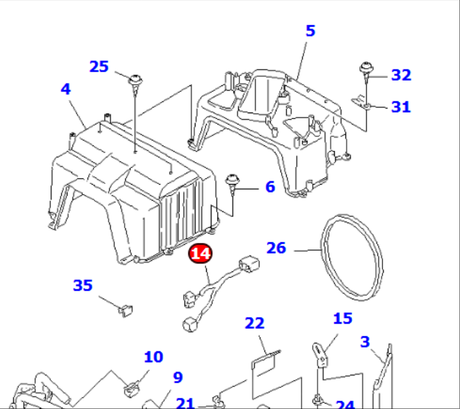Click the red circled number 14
pyautogui.click(x=200, y=253)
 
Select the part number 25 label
pyautogui.click(x=99, y=66)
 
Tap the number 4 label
pyautogui.click(x=66, y=89)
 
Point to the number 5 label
pyautogui.click(x=310, y=30)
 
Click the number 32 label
pyautogui.click(x=401, y=75)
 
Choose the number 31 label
pyautogui.click(x=400, y=106)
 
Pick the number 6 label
pyautogui.click(x=270, y=187)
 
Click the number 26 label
pyautogui.click(x=276, y=248)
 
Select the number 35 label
pyautogui.click(x=83, y=285)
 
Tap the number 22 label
pyautogui.click(x=255, y=323)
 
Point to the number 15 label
pyautogui.click(x=343, y=318)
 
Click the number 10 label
pyautogui.click(x=153, y=357)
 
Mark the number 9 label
pyautogui.click(x=178, y=377)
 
